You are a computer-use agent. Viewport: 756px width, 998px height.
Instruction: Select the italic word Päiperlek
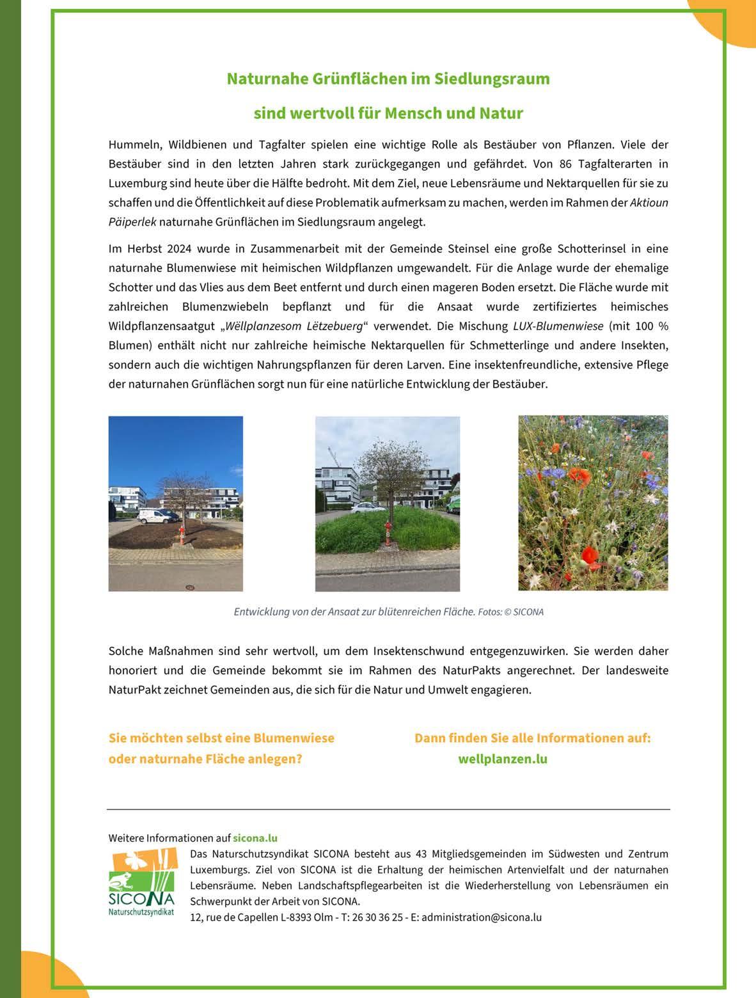[x=132, y=222]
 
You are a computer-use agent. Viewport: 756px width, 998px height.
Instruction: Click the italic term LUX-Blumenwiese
[x=558, y=326]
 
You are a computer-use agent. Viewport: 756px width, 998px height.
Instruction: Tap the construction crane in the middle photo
[x=331, y=455]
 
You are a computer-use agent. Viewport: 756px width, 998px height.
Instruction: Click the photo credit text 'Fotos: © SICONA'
[x=510, y=612]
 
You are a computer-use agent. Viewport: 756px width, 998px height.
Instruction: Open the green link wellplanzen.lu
[x=503, y=759]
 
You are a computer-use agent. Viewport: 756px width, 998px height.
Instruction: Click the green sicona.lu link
[x=255, y=838]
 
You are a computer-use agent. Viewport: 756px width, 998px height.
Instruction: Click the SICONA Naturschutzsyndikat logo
[x=141, y=883]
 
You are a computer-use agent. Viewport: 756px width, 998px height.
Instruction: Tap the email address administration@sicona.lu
[x=482, y=917]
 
